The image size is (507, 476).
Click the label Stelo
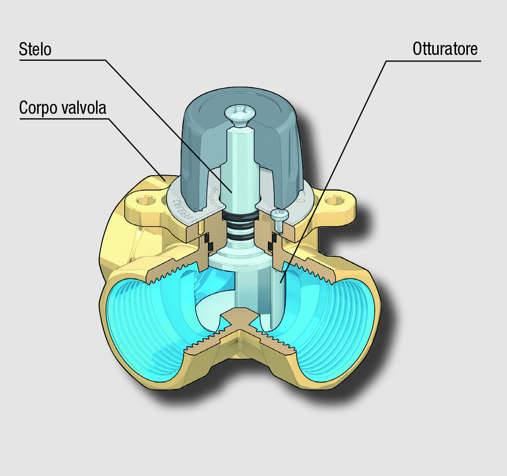(x=35, y=49)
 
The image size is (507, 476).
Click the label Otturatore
(x=445, y=49)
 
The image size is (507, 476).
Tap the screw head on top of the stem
(x=239, y=113)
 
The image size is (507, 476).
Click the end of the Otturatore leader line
(x=279, y=284)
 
